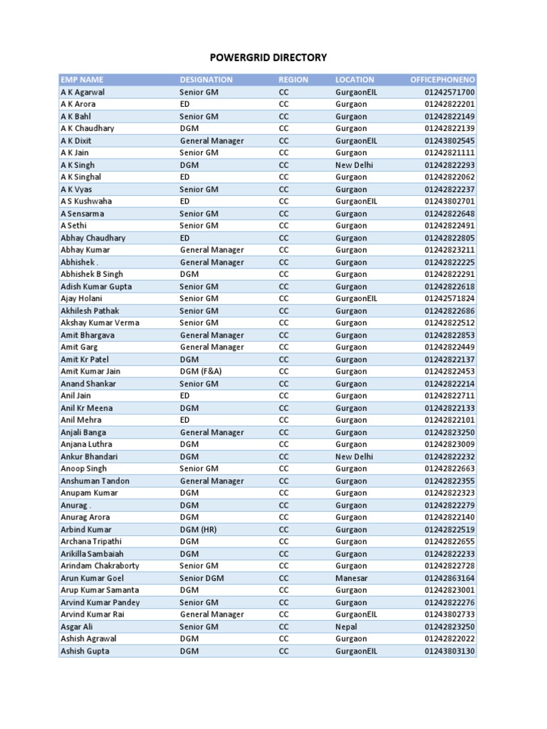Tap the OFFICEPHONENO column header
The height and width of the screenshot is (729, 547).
pos(442,80)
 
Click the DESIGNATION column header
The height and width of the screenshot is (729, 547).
pos(206,80)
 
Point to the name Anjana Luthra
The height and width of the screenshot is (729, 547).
pos(86,444)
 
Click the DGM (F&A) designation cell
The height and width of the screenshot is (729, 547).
pos(204,371)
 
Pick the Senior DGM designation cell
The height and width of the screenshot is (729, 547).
pos(202,578)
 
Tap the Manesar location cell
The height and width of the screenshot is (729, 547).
pos(351,578)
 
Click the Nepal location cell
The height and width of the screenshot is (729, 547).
pos(347,626)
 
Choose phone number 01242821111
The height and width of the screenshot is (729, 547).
pos(449,153)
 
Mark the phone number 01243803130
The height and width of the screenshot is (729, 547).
pos(449,651)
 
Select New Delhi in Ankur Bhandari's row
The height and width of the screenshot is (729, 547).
pos(355,456)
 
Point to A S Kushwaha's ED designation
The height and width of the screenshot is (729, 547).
pos(184,201)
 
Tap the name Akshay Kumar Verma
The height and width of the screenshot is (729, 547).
pos(100,322)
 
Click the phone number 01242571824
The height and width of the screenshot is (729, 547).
pos(449,298)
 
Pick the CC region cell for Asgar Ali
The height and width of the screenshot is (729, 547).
pos(283,626)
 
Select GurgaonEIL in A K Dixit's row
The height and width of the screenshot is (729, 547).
pos(356,141)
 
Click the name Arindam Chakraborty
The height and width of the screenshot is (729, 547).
pos(100,566)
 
